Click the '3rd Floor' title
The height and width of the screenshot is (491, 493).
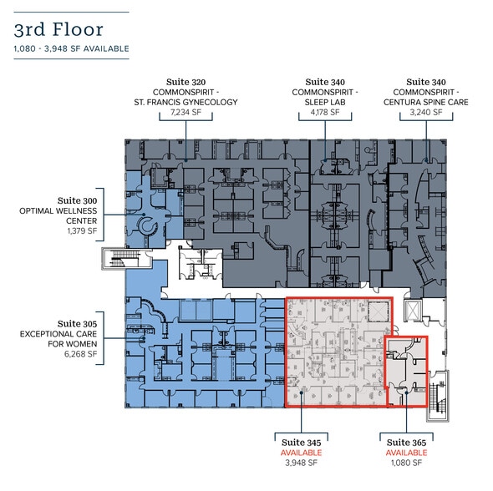click(x=58, y=30)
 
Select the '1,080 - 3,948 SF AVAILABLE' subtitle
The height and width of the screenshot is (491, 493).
click(x=71, y=48)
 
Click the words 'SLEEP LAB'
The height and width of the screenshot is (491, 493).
click(x=325, y=102)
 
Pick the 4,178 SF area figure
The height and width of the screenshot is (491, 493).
click(x=325, y=112)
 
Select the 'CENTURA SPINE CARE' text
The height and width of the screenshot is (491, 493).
click(x=427, y=102)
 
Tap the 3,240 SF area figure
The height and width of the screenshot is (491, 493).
click(x=427, y=112)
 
